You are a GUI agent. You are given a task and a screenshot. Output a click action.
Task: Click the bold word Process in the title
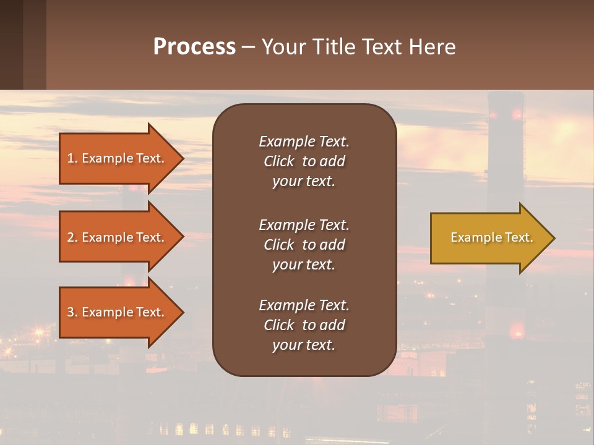[x=194, y=47]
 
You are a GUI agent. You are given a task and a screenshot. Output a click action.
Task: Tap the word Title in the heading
[x=334, y=47]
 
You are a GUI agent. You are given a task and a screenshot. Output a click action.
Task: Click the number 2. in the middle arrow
[x=72, y=237]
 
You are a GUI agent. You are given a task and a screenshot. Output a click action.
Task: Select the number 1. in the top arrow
[x=72, y=158]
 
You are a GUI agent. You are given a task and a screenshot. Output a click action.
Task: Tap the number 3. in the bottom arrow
[x=72, y=312]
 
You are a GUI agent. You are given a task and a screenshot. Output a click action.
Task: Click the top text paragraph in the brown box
[x=304, y=161]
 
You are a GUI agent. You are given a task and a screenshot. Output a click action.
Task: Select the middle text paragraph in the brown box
[x=304, y=245]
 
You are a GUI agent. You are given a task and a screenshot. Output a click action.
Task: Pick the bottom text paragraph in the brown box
[x=304, y=325]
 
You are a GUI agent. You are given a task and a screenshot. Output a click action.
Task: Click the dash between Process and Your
[x=248, y=48]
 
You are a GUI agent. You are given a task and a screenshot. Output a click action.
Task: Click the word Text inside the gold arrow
[x=519, y=237]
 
